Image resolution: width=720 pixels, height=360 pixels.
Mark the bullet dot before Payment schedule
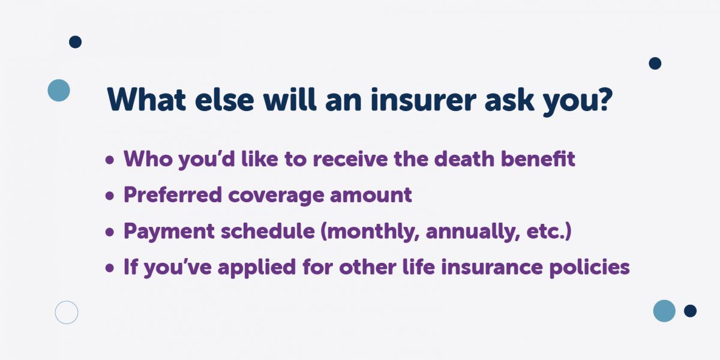[x=109, y=233]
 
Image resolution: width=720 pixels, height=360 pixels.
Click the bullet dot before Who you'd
[x=109, y=161]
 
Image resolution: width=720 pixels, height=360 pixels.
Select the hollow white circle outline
[x=67, y=313]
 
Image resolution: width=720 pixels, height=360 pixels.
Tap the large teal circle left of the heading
[x=59, y=90]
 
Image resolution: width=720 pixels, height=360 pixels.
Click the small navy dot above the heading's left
[x=75, y=42]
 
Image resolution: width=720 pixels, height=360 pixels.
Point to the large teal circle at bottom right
[x=664, y=311]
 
